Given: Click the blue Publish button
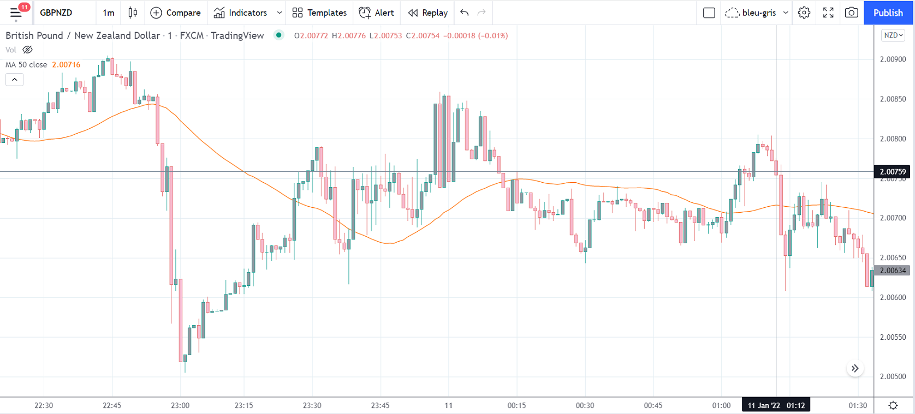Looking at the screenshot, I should [x=888, y=13].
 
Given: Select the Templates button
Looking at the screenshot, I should [x=319, y=13].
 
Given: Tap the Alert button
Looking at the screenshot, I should [x=376, y=13].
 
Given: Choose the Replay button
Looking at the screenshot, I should [x=428, y=13].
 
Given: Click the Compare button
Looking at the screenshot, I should [x=175, y=13].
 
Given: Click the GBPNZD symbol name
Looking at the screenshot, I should [x=56, y=13].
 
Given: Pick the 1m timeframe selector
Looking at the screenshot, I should [x=109, y=13].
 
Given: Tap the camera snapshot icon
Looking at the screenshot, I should [x=851, y=13].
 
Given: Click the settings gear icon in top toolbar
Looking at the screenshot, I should [x=804, y=13].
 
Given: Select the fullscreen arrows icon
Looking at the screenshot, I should [x=828, y=13].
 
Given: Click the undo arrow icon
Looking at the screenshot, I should [x=464, y=13].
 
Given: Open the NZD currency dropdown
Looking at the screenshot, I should [x=893, y=35].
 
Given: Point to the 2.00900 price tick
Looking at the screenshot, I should [x=893, y=59].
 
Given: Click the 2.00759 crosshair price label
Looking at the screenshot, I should [x=893, y=172].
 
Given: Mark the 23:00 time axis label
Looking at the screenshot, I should [x=180, y=405].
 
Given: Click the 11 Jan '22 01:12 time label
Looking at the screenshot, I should [x=776, y=405].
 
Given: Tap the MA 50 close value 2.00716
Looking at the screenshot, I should [x=66, y=64].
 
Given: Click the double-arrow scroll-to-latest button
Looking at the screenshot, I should [x=855, y=369].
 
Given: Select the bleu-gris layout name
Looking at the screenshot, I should [x=759, y=13].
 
